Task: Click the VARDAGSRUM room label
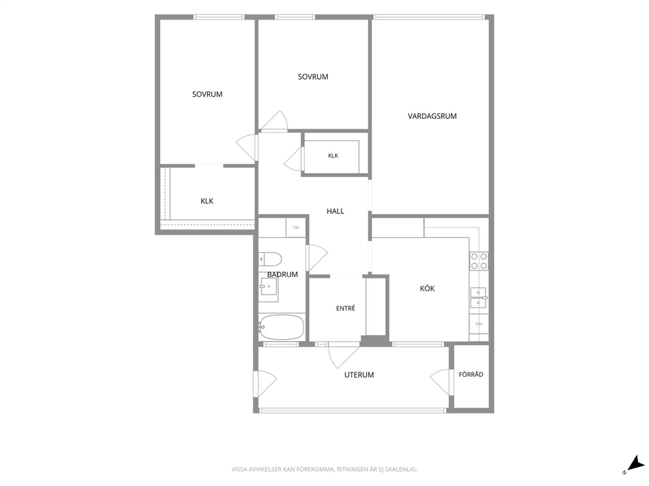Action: coord(432,116)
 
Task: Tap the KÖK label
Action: coord(427,289)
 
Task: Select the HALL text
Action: coord(335,211)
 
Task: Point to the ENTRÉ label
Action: coord(345,308)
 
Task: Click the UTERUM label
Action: coord(359,375)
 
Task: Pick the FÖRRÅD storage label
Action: coord(471,374)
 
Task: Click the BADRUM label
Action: coord(282,274)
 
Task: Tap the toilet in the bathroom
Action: coord(270,259)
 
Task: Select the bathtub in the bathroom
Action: coord(281,327)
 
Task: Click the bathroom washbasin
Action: coord(268,285)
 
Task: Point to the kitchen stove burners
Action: coord(478,261)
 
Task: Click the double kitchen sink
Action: coord(478,298)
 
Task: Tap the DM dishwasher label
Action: coord(479,324)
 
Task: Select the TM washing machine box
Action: coord(296,228)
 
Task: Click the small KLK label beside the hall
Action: coord(333,156)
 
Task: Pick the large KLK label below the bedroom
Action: coord(207,201)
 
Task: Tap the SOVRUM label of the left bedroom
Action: coord(207,94)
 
